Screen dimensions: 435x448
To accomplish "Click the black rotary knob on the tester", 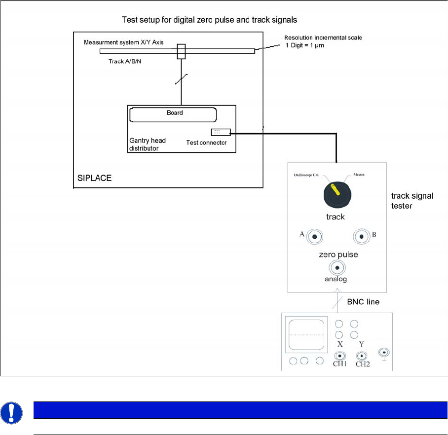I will coord(337,193).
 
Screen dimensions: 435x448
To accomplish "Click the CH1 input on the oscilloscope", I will coord(339,356).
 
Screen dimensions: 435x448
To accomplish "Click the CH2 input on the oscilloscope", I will coord(362,356).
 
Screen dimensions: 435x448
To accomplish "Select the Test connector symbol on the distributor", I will coord(220,132).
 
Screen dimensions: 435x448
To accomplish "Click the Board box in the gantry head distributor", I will coord(173,114).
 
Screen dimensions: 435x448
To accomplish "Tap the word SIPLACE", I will coord(94,178).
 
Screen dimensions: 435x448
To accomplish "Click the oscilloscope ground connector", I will coord(383,353).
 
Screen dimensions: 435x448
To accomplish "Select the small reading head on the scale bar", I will coord(181,51).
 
